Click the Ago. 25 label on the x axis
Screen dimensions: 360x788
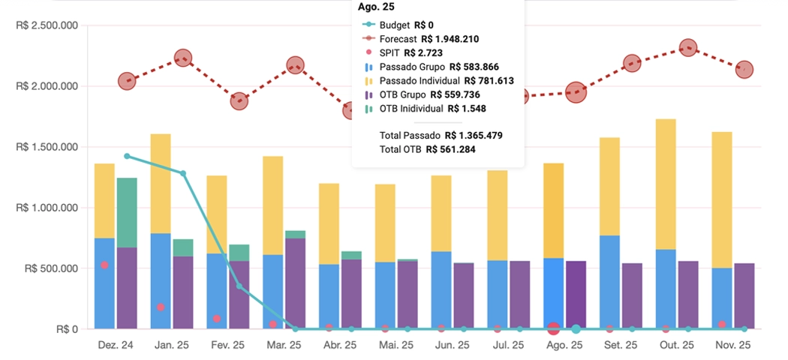564,345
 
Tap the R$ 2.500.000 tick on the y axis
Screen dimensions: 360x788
47,25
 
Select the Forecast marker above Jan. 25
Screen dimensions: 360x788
183,58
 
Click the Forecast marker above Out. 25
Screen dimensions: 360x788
687,48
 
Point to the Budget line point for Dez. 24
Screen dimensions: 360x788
127,156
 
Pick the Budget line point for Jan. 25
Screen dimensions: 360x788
183,173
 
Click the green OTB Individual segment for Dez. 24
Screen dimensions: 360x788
127,212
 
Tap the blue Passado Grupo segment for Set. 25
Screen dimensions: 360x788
609,282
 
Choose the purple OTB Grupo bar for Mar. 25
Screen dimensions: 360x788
295,283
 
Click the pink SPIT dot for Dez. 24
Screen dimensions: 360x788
105,265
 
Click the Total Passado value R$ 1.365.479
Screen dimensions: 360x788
474,136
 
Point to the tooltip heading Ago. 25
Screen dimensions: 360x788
376,7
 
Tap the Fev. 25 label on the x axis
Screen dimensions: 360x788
227,345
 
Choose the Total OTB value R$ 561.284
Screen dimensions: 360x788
450,149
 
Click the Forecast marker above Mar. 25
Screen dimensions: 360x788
295,66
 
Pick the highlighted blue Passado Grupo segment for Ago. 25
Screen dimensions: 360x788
553,293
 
